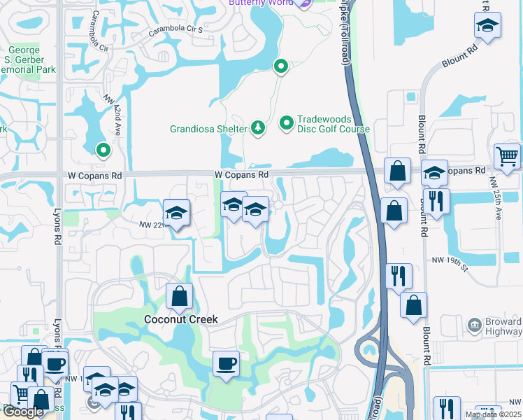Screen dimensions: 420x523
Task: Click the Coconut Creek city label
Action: (x=181, y=319)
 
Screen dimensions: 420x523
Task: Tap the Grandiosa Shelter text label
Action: (x=208, y=129)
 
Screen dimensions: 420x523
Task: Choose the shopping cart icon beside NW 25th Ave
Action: (x=507, y=156)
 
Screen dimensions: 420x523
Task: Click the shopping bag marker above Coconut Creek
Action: (x=179, y=295)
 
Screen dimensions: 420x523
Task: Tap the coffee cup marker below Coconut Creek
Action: (x=225, y=364)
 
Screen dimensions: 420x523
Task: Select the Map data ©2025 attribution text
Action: (x=494, y=414)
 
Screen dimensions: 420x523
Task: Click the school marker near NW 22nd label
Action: (x=176, y=213)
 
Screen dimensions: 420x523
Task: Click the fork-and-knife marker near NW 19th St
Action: (x=399, y=274)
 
